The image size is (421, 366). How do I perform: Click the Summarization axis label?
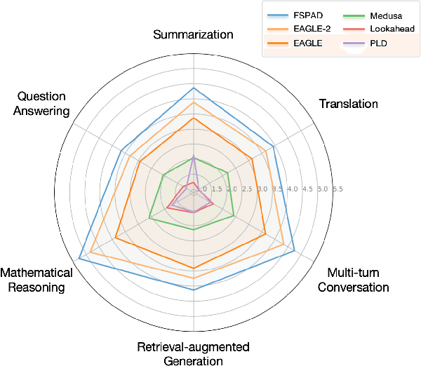pos(194,34)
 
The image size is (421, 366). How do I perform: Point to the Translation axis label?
pos(348,104)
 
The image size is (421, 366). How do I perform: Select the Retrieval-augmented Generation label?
pos(193,354)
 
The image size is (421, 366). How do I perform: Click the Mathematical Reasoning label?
pos(36,279)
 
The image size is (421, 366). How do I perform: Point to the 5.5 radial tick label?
pos(337,189)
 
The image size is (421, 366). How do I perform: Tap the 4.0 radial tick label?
pos(293,189)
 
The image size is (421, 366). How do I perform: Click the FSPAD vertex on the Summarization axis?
pos(194,87)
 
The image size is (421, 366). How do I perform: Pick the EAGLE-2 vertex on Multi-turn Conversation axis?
pos(283,245)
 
